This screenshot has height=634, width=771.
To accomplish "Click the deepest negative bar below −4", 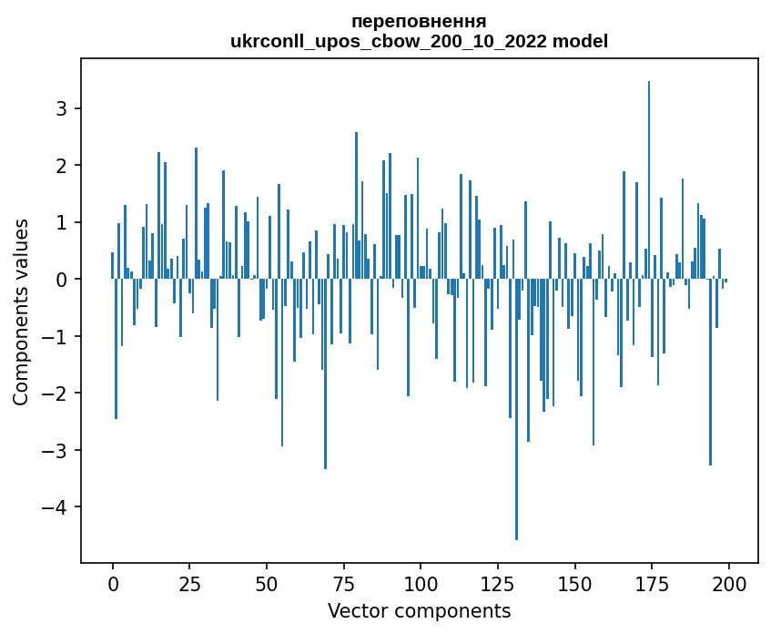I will [516, 410].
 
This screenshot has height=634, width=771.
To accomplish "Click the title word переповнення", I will [419, 21].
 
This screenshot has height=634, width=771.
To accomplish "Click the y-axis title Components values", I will [21, 311].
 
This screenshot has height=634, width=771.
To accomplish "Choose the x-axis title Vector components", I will [419, 610].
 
